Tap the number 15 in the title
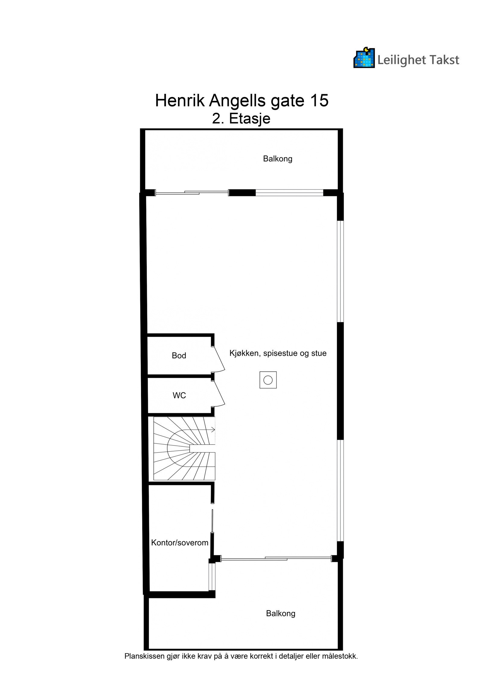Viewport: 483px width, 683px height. pyautogui.click(x=318, y=101)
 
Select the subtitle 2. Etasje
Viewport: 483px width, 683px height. pyautogui.click(x=241, y=119)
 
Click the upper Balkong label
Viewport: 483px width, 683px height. pyautogui.click(x=277, y=159)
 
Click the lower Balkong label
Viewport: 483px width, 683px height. pyautogui.click(x=280, y=613)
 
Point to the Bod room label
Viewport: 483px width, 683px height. pyautogui.click(x=179, y=356)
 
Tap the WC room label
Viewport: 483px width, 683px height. pyautogui.click(x=179, y=395)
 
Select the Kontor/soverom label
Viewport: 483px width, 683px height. pyautogui.click(x=180, y=543)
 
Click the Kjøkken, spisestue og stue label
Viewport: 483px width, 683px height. pyautogui.click(x=278, y=353)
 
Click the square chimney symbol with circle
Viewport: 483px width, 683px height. pyautogui.click(x=268, y=380)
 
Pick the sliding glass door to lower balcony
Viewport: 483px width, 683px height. pyautogui.click(x=276, y=559)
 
